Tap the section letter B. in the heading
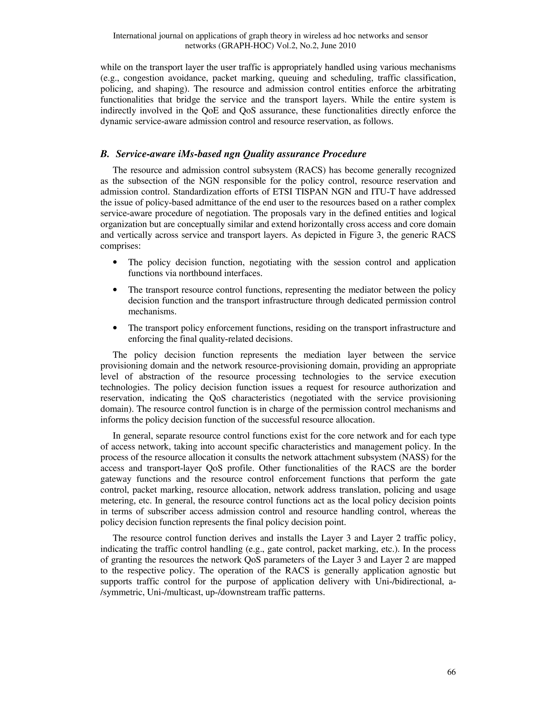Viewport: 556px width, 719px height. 105,154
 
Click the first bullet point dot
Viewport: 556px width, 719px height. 115,262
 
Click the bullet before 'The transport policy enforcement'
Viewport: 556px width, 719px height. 115,328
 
